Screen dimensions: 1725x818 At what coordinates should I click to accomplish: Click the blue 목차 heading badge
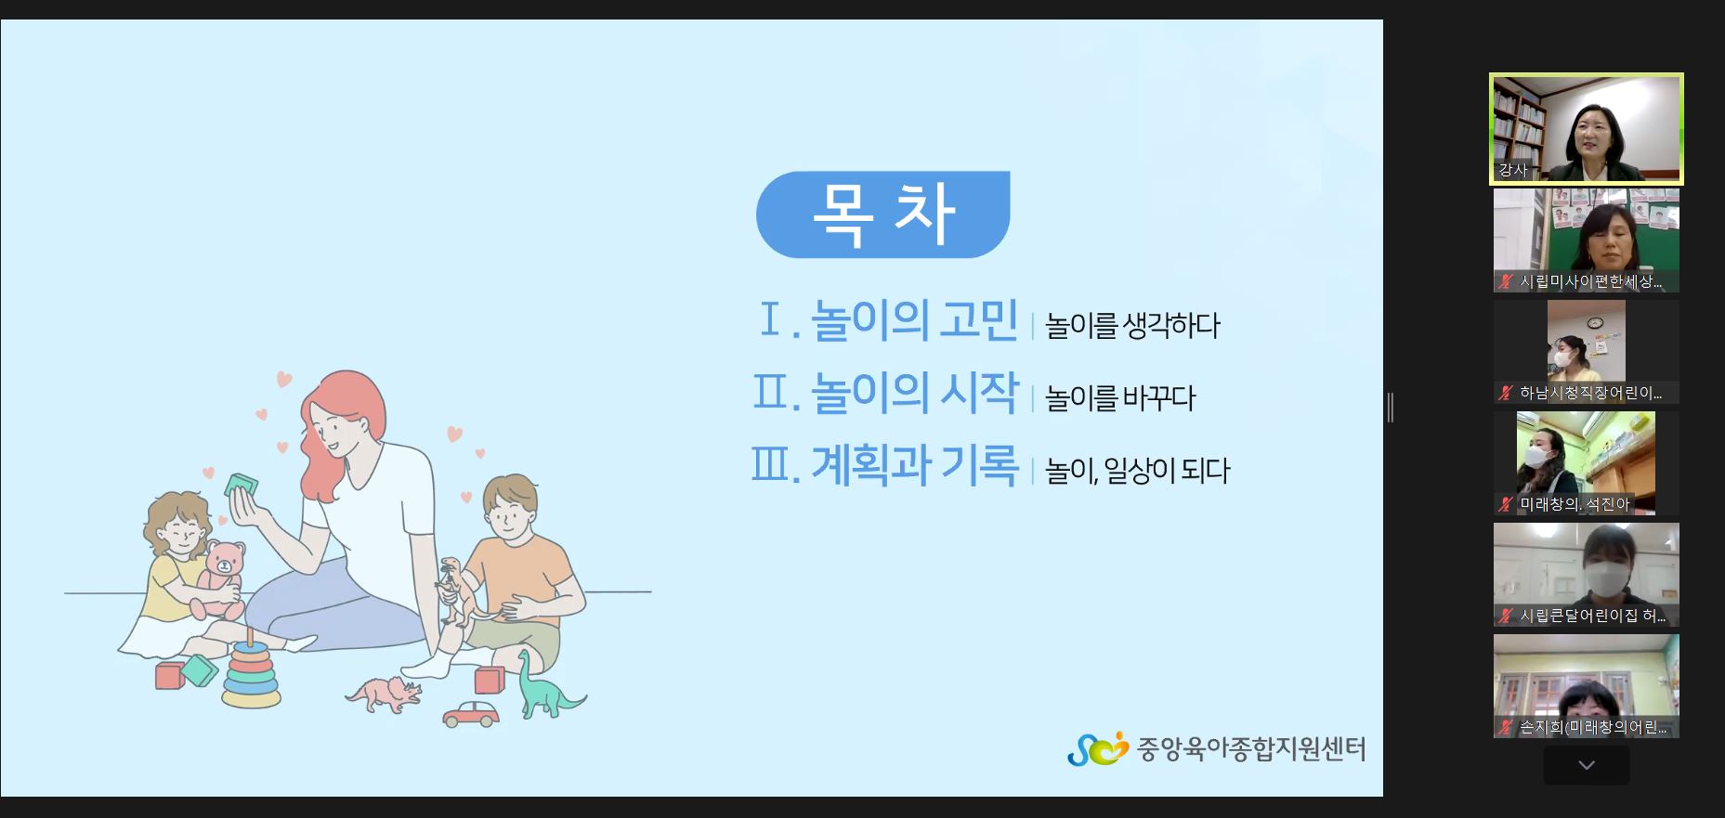pos(882,214)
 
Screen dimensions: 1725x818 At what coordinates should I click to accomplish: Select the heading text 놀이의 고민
pos(914,320)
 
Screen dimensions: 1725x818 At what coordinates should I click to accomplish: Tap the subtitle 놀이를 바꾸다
pos(1120,398)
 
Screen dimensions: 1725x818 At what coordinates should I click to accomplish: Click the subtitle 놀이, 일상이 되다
pos(1137,471)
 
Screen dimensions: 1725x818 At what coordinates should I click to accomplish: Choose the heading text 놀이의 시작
pos(914,392)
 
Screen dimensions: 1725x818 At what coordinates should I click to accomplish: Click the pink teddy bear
pos(217,580)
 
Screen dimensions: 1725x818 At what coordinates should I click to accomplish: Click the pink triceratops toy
pos(384,693)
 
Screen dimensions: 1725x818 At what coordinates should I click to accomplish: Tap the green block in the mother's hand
pos(241,485)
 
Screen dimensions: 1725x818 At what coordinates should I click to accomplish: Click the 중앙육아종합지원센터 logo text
pos(1251,749)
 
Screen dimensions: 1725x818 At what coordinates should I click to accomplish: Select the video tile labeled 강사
pos(1587,129)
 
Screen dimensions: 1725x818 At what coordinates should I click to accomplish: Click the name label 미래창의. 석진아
pos(1575,504)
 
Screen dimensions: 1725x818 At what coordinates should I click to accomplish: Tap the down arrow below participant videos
pos(1587,766)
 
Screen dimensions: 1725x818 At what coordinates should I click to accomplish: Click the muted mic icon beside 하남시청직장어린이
pos(1505,393)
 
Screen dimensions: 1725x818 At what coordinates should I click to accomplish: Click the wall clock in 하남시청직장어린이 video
pos(1595,323)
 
